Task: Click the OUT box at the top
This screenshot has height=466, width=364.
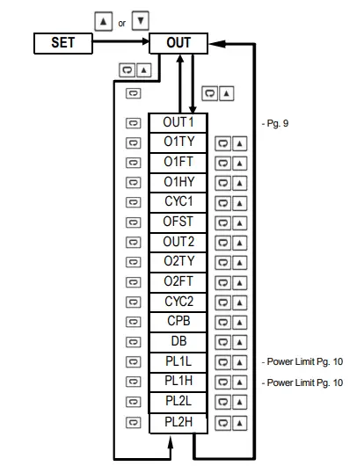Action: tap(178, 42)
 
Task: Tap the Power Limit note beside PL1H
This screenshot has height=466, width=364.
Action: tap(302, 382)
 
